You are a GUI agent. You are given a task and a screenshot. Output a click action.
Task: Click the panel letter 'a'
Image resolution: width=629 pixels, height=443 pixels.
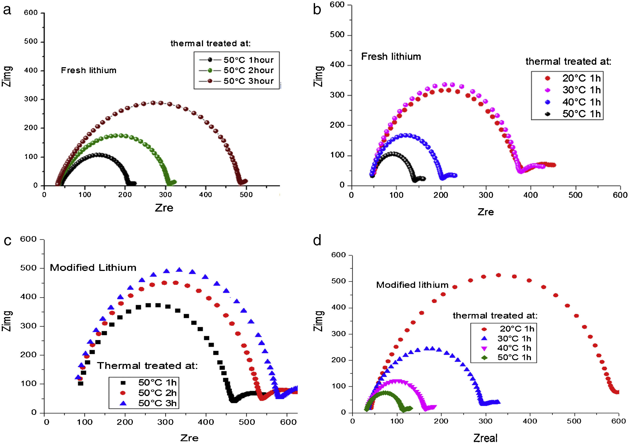tap(7, 10)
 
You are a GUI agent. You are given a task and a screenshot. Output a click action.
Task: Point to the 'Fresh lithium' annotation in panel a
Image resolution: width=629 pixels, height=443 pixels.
tap(89, 71)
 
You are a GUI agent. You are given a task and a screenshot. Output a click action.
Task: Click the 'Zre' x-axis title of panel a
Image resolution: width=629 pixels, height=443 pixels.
tap(164, 208)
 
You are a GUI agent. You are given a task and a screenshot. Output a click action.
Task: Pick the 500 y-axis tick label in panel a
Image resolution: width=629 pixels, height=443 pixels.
tap(31, 42)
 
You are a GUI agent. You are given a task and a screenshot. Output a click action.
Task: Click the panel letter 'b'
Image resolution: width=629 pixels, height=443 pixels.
tap(317, 10)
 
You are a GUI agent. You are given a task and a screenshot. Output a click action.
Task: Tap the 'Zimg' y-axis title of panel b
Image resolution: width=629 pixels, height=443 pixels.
tap(319, 76)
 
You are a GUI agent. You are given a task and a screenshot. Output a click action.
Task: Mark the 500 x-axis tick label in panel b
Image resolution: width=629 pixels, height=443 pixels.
tap(575, 195)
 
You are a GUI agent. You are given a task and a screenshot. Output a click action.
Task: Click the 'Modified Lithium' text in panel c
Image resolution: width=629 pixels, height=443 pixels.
tap(93, 268)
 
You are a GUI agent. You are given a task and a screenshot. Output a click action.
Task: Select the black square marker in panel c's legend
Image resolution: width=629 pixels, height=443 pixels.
tap(123, 383)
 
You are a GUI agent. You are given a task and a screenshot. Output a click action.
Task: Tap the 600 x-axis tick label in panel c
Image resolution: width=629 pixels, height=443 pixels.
tap(288, 422)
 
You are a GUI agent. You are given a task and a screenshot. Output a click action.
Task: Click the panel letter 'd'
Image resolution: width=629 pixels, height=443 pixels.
tap(317, 241)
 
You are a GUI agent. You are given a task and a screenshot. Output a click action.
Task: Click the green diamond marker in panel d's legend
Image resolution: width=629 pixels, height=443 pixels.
tap(484, 358)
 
